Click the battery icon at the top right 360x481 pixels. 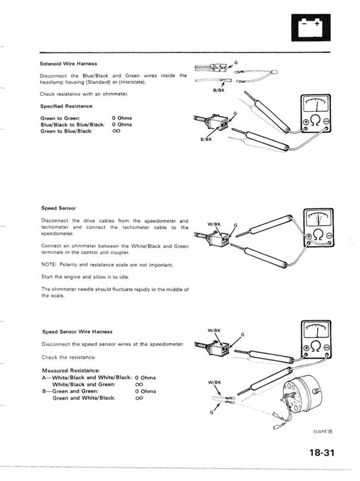pyautogui.click(x=311, y=27)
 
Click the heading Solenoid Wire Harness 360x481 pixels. pyautogui.click(x=68, y=64)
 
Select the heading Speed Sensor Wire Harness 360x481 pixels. pyautogui.click(x=77, y=332)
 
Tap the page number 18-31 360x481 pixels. pyautogui.click(x=321, y=452)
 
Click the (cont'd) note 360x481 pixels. pyautogui.click(x=323, y=431)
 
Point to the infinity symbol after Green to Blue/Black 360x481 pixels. pyautogui.click(x=116, y=132)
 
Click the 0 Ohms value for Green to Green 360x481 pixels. pyautogui.click(x=122, y=118)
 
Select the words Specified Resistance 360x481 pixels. pyautogui.click(x=67, y=106)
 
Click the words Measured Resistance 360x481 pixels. pyautogui.click(x=71, y=370)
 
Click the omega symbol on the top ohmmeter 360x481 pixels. pyautogui.click(x=316, y=121)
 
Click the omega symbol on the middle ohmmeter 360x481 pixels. pyautogui.click(x=318, y=235)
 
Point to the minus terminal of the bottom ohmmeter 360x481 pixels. pyautogui.click(x=327, y=348)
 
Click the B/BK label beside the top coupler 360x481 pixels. pyautogui.click(x=206, y=139)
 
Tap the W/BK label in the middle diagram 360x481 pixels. pyautogui.click(x=214, y=224)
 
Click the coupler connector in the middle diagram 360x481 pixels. pyautogui.click(x=219, y=239)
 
